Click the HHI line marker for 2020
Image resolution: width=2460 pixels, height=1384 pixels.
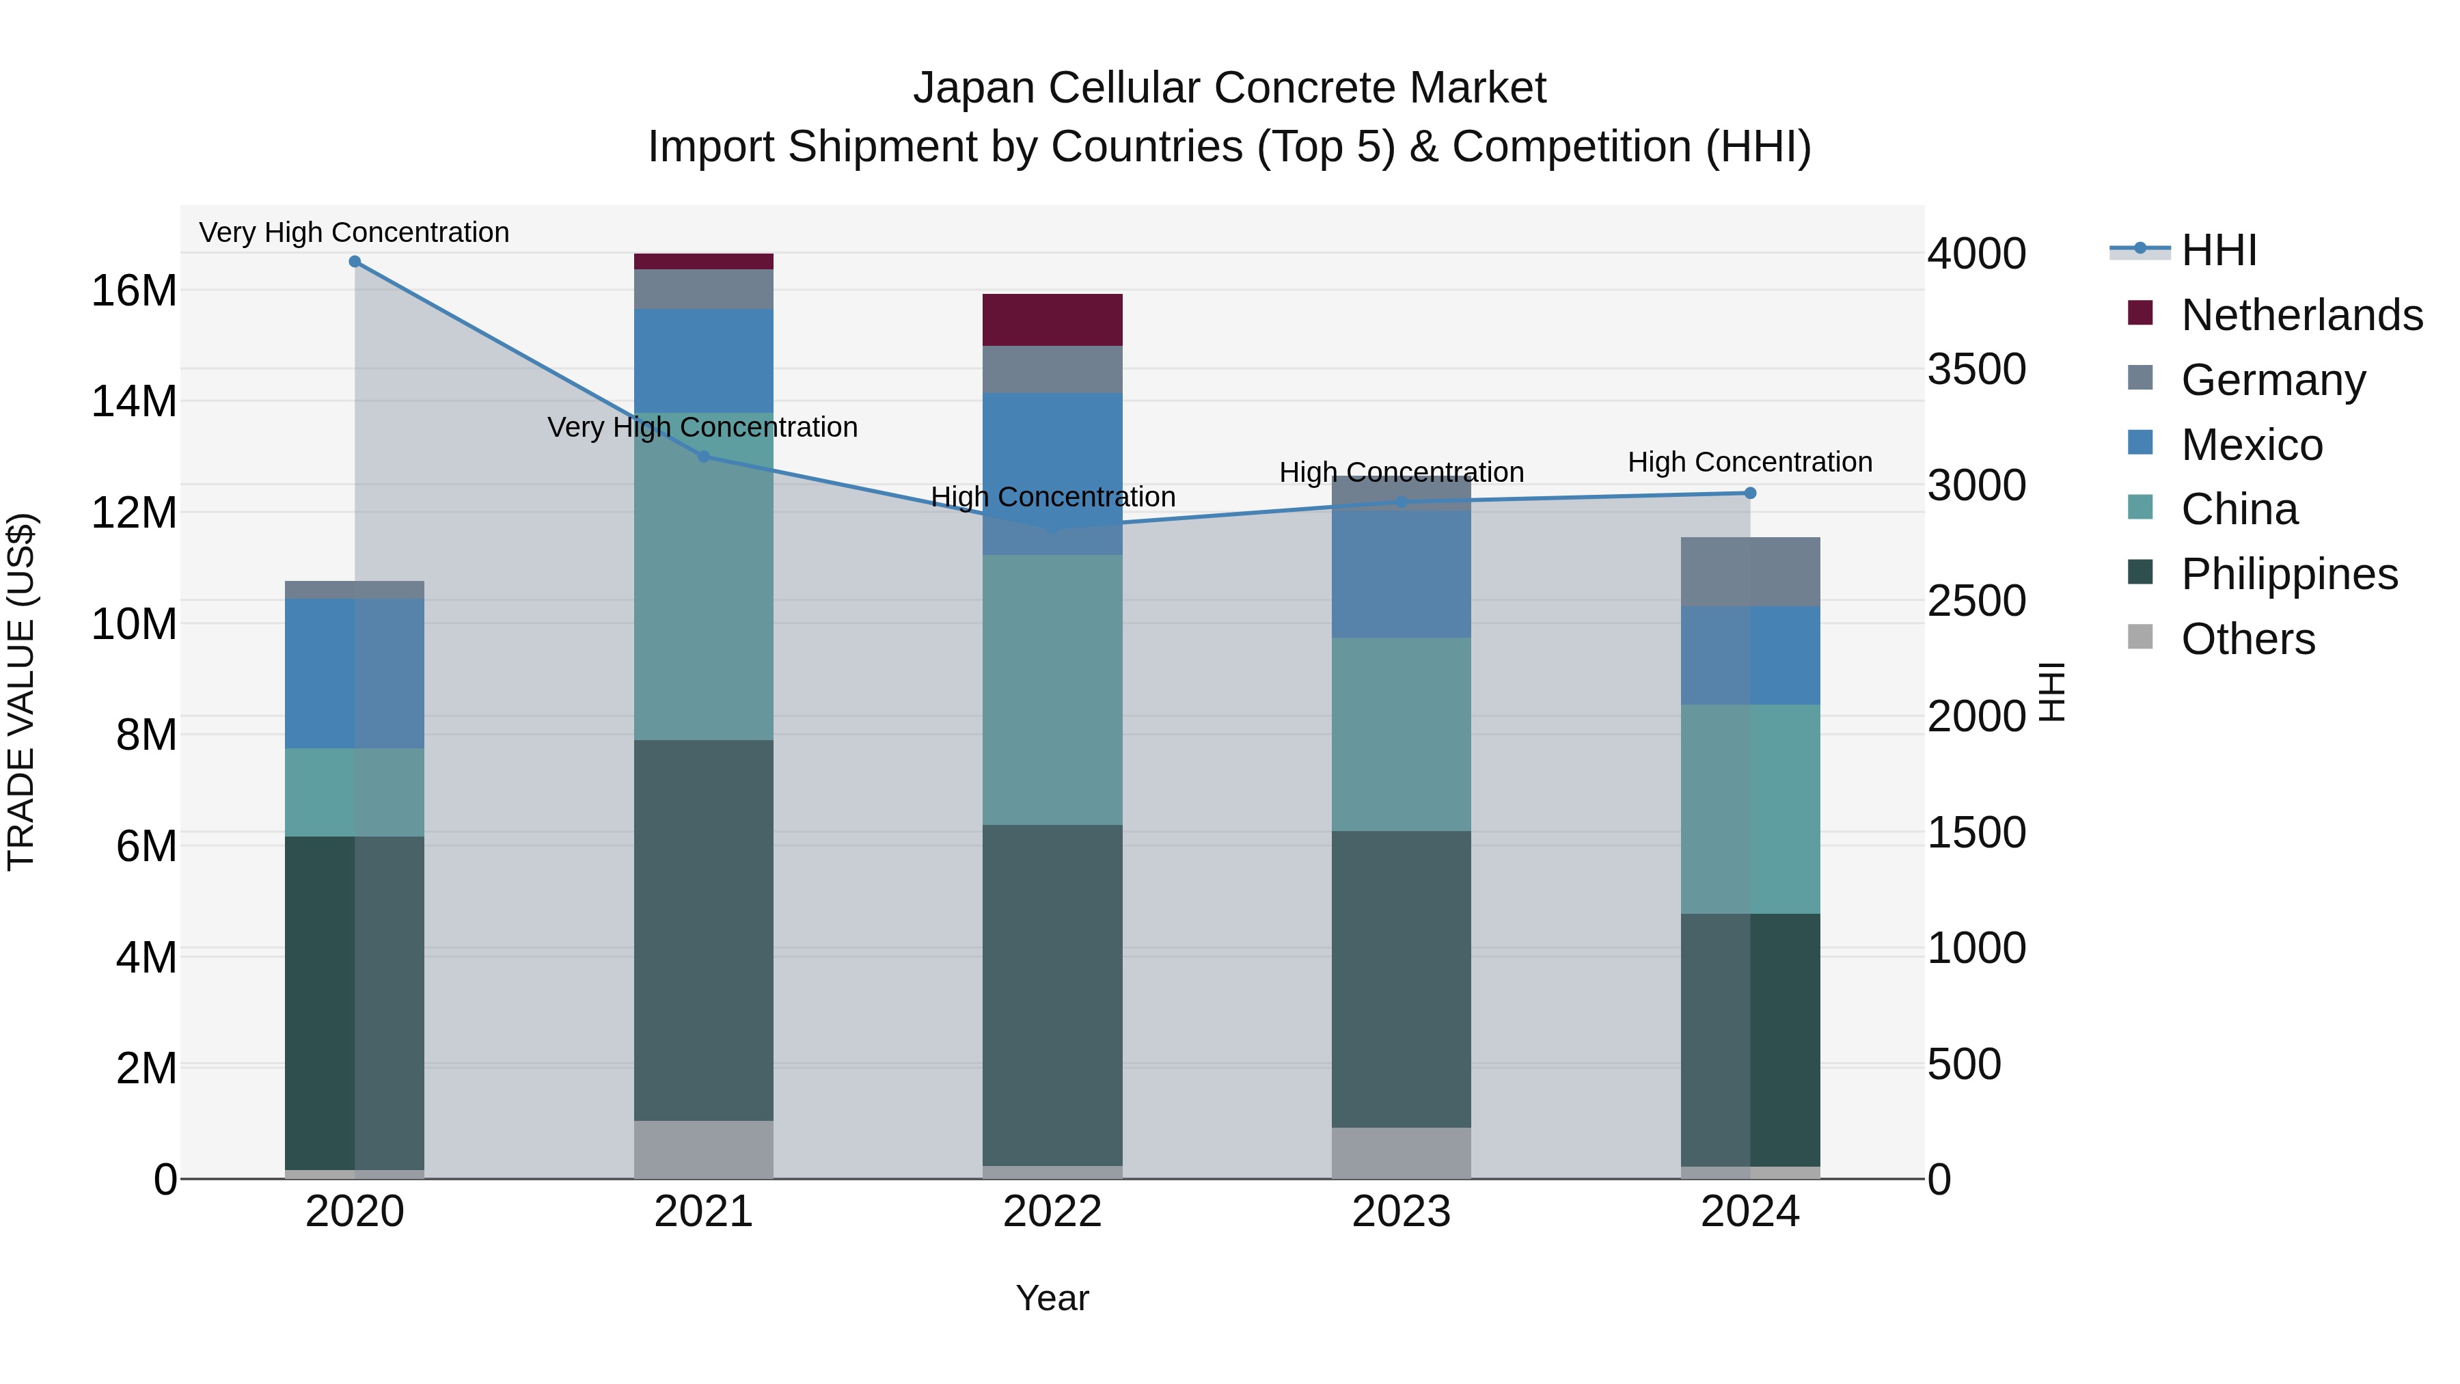(354, 262)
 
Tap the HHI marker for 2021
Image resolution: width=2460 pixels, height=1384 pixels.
(704, 457)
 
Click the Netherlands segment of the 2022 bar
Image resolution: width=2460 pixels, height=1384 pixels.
(1052, 320)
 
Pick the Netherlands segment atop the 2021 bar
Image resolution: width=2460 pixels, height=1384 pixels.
(704, 262)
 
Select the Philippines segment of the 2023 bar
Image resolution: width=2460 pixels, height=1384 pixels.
(1401, 979)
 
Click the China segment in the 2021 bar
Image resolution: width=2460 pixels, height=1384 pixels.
(704, 577)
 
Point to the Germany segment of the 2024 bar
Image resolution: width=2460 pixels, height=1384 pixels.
(1749, 572)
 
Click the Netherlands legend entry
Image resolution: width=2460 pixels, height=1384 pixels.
(2301, 315)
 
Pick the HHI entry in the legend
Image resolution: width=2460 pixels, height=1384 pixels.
(2218, 250)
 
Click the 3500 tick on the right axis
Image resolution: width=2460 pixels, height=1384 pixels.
(1976, 370)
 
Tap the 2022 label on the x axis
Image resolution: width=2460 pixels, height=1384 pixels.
(1052, 1212)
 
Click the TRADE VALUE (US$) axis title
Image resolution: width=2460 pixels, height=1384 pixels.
(21, 692)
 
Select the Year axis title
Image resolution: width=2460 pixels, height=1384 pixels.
(1052, 1298)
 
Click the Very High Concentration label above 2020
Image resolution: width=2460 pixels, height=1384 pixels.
(354, 233)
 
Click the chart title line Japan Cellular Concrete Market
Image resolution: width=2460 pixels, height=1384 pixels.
(1229, 88)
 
